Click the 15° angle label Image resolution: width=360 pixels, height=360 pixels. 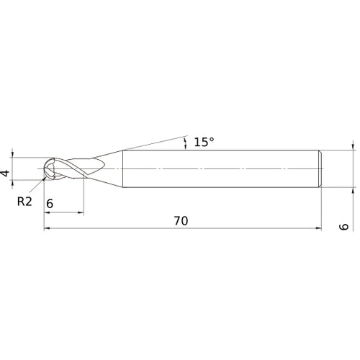(x=204, y=142)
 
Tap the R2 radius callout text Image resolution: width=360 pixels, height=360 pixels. (x=25, y=201)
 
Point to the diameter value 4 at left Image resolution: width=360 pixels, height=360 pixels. (x=6, y=174)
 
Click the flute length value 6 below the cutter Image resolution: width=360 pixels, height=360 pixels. (x=49, y=204)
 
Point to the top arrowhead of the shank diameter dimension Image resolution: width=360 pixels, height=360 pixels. (x=353, y=146)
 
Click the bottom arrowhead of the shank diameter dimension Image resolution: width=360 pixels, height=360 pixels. (x=353, y=192)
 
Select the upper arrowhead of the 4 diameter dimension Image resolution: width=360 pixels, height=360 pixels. (x=14, y=154)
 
